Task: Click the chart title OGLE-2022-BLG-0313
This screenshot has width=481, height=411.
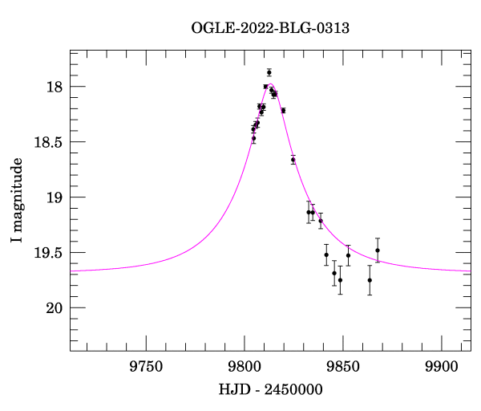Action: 270,28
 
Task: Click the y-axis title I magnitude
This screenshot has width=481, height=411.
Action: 17,200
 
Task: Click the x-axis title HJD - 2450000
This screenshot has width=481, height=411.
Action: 271,389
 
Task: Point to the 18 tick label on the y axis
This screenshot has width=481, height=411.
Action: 55,87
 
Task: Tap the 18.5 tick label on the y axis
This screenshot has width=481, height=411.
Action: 48,142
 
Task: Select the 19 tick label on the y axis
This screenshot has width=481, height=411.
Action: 55,197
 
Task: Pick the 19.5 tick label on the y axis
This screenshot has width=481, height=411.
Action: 48,253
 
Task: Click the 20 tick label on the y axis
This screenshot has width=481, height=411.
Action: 55,308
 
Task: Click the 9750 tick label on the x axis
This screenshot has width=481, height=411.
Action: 146,367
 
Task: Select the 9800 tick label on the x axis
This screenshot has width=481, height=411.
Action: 245,367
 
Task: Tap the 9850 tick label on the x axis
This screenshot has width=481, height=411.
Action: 343,367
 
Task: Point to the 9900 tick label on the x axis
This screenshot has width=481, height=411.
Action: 442,367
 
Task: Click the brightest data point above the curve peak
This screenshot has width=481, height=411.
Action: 269,72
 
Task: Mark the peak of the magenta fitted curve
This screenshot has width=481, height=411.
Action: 271,83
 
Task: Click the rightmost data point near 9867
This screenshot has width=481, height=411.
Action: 378,250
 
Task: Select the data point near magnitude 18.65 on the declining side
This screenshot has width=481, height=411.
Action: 293,160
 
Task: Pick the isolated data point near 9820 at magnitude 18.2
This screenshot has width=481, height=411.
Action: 284,111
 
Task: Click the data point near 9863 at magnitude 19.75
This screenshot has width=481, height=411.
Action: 370,280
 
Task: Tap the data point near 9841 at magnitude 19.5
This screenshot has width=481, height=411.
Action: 326,254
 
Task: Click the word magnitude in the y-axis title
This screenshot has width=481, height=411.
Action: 17,194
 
